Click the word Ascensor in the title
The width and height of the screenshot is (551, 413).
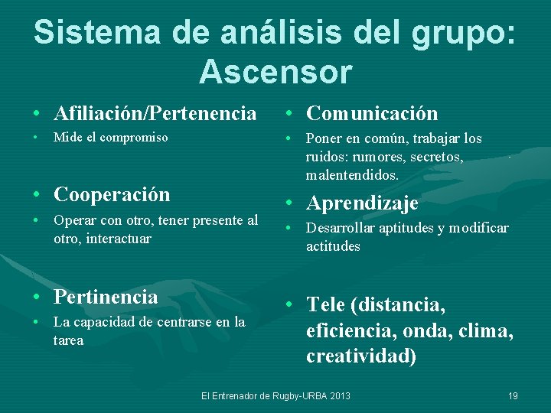(275, 71)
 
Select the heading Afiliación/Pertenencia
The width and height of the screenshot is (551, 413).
(155, 114)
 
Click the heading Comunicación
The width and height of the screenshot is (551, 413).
(372, 114)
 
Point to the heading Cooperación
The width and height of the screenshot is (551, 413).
(112, 194)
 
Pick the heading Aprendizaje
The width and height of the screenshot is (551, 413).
(362, 203)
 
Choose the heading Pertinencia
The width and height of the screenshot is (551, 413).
(106, 297)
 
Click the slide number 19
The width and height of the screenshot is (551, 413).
(513, 395)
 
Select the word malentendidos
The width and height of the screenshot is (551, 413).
(353, 175)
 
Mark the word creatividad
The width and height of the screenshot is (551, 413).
(361, 356)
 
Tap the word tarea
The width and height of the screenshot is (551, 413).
(68, 340)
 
